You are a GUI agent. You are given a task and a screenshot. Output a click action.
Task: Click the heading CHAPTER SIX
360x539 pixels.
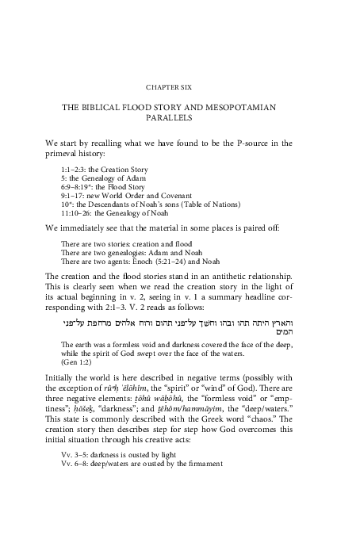click(x=180, y=86)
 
